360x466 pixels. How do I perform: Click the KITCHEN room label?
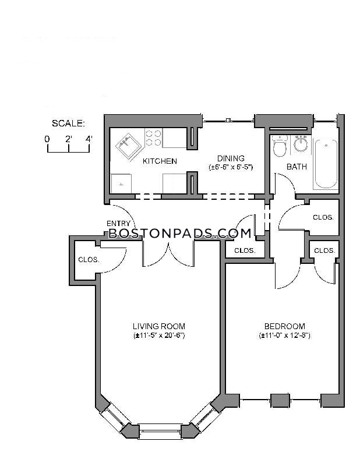pyautogui.click(x=160, y=161)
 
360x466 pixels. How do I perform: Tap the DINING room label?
pyautogui.click(x=231, y=158)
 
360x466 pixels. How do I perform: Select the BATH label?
pyautogui.click(x=297, y=167)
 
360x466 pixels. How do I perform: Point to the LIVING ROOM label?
pyautogui.click(x=159, y=326)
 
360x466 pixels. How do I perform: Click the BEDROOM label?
pyautogui.click(x=284, y=326)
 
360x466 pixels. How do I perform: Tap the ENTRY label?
pyautogui.click(x=118, y=224)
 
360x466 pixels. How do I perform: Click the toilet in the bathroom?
pyautogui.click(x=280, y=146)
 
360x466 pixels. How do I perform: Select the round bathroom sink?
pyautogui.click(x=301, y=144)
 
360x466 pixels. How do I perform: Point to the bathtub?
pyautogui.click(x=326, y=164)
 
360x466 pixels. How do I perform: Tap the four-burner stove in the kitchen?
pyautogui.click(x=153, y=137)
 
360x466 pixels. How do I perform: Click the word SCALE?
pyautogui.click(x=68, y=123)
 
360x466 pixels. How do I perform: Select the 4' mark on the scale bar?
pyautogui.click(x=89, y=139)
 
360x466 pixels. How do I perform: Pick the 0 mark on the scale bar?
pyautogui.click(x=47, y=139)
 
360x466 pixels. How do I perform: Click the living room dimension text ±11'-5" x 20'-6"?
pyautogui.click(x=159, y=336)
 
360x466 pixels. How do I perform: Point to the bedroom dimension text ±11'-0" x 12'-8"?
pyautogui.click(x=284, y=336)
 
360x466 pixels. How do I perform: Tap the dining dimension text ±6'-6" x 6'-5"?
pyautogui.click(x=231, y=167)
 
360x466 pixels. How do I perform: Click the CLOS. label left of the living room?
pyautogui.click(x=89, y=260)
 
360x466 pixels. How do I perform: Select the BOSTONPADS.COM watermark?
pyautogui.click(x=180, y=234)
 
